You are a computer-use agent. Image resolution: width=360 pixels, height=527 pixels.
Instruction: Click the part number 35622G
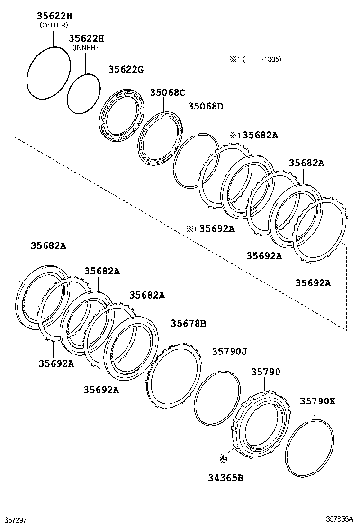click(126, 70)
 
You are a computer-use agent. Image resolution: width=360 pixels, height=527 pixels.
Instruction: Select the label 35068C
click(168, 92)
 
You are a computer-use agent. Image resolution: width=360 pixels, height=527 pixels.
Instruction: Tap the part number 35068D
click(205, 106)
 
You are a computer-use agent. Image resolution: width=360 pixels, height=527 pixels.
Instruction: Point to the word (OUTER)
click(54, 25)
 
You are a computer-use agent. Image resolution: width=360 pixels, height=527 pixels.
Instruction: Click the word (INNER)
click(85, 48)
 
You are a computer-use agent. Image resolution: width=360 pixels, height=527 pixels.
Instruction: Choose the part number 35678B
click(189, 323)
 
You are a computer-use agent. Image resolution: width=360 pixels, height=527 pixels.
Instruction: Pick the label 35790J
click(230, 352)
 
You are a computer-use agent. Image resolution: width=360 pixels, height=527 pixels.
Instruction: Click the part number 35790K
click(317, 401)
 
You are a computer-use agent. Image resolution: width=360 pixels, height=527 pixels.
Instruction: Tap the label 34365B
click(225, 478)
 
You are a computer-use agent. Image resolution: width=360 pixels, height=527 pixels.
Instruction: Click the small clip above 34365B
click(222, 458)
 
